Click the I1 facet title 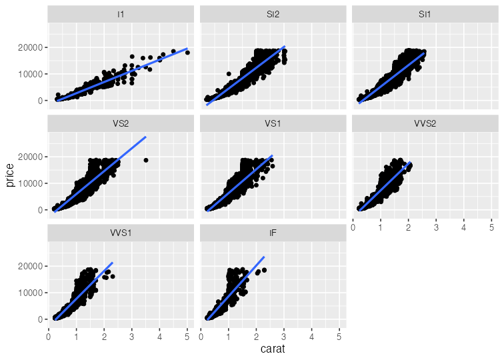(121, 13)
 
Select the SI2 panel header (273, 13)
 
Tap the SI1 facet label (425, 13)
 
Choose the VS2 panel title (121, 123)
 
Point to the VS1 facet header (273, 123)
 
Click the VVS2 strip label (425, 123)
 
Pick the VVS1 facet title (121, 232)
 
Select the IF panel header (273, 232)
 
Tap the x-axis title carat (273, 349)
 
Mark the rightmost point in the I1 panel (187, 52)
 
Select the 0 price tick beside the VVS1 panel (41, 319)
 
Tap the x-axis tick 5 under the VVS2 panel (491, 228)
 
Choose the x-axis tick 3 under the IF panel (284, 337)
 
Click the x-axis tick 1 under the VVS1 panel (76, 337)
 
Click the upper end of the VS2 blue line (145, 137)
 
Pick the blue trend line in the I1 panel (120, 76)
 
